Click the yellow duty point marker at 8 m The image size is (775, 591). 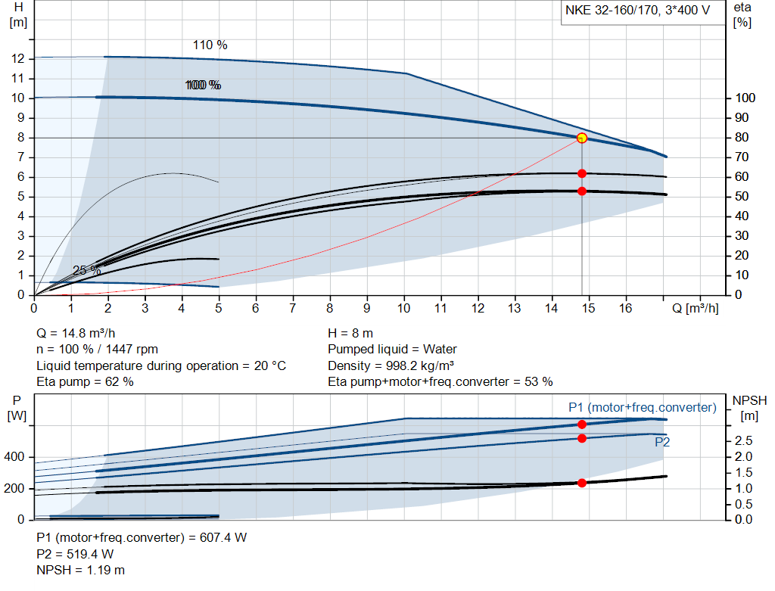[x=582, y=138]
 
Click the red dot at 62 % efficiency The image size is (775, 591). [x=582, y=173]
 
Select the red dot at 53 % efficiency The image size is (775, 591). [x=582, y=191]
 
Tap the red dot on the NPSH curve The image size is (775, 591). [x=582, y=483]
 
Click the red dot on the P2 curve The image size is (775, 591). [x=582, y=438]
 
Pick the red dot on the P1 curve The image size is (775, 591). [x=582, y=425]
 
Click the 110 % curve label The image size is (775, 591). [x=210, y=45]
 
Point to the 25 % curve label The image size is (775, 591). [x=86, y=270]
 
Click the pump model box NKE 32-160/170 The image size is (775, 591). [x=640, y=11]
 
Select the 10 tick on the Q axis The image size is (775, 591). [x=403, y=309]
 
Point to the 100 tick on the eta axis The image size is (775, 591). [x=745, y=98]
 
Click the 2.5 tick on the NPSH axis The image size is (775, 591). [x=743, y=440]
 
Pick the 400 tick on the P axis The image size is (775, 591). [x=15, y=457]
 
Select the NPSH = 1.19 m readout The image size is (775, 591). [x=81, y=570]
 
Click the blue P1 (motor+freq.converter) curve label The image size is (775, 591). [x=642, y=408]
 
